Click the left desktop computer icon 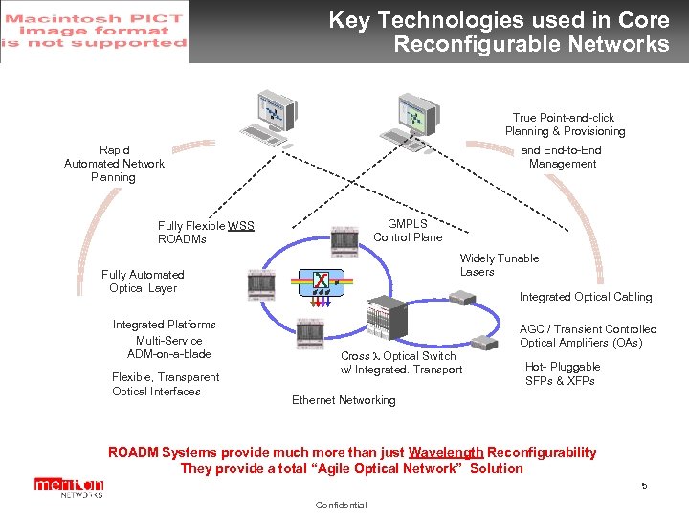click(x=271, y=121)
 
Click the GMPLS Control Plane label click(x=408, y=231)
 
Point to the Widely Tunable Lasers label click(x=499, y=265)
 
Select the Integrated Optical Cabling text click(x=585, y=297)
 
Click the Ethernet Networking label click(x=343, y=400)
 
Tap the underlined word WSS click(x=241, y=226)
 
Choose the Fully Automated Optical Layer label click(x=143, y=281)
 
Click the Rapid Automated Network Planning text click(x=114, y=164)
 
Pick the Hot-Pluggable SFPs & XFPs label click(x=562, y=373)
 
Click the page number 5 click(x=644, y=486)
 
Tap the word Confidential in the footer click(x=340, y=506)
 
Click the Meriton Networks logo click(x=68, y=487)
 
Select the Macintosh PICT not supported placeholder click(x=95, y=32)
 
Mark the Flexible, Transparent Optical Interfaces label click(x=165, y=384)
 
